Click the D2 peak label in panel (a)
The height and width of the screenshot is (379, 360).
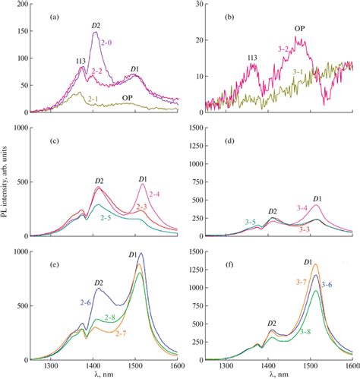tap(96, 26)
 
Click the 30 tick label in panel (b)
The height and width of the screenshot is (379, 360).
tap(206, 5)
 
